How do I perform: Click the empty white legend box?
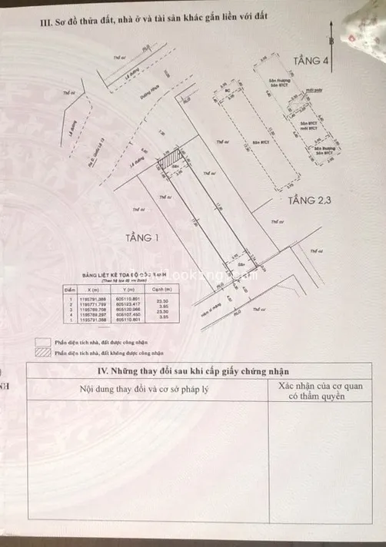41,343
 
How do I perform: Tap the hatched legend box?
41,353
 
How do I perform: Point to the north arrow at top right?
331,35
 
